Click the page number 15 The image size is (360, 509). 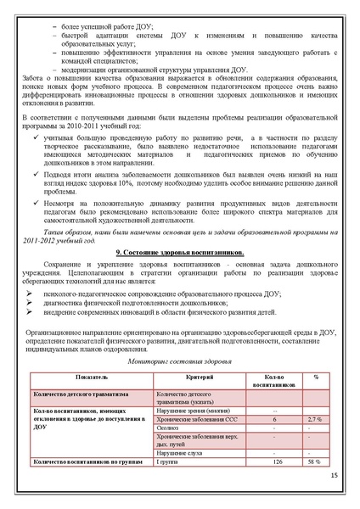point(335,480)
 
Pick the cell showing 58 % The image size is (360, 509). point(315,461)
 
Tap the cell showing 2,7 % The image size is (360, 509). point(315,419)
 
